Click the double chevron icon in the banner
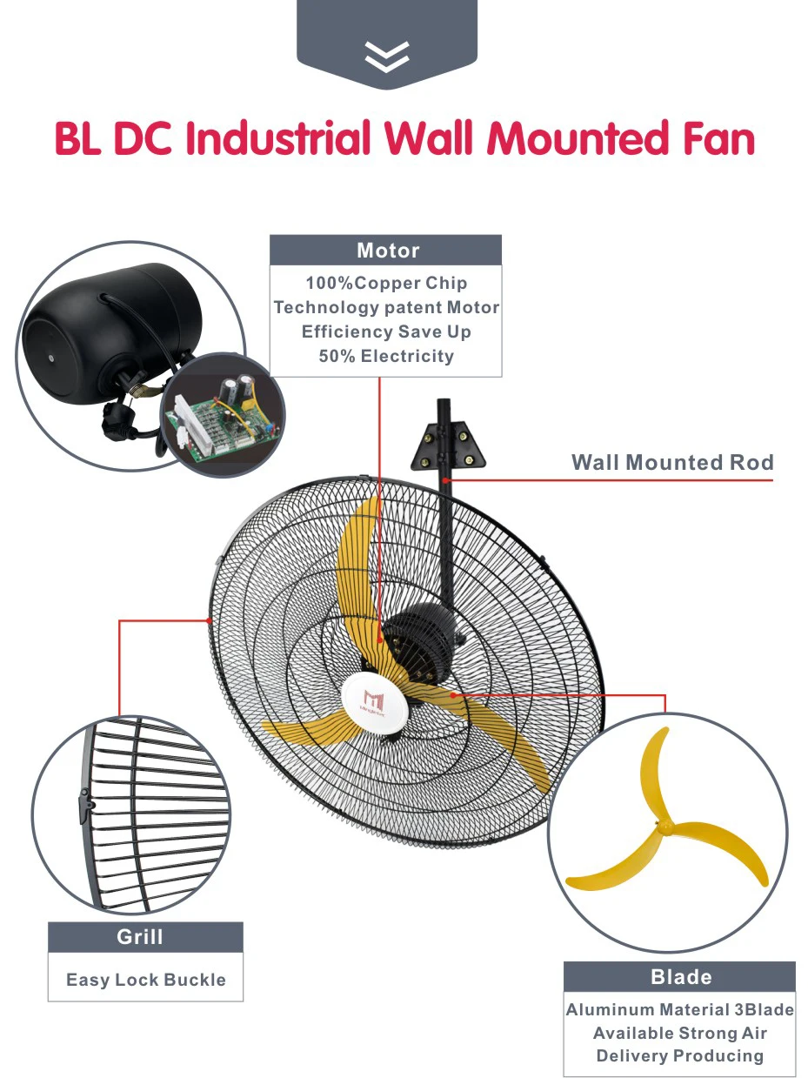[x=387, y=56]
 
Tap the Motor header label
[x=387, y=251]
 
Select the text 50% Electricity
[x=386, y=356]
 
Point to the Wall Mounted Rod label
[x=671, y=462]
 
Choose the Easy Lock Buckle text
[x=145, y=980]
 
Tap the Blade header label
[x=681, y=977]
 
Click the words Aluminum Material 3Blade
[x=679, y=1010]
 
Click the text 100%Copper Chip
[x=386, y=283]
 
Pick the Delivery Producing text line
[x=679, y=1056]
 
